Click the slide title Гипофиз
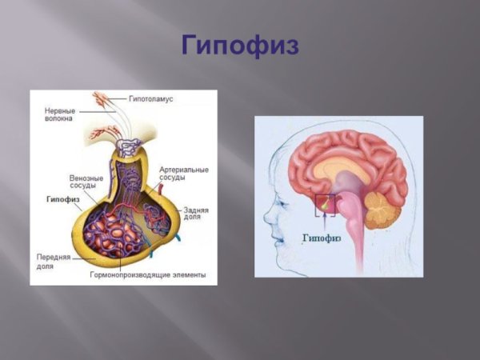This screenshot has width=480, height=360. coord(240,45)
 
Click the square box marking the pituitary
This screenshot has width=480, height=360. coord(324,206)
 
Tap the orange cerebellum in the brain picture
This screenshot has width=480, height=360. coord(381,213)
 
